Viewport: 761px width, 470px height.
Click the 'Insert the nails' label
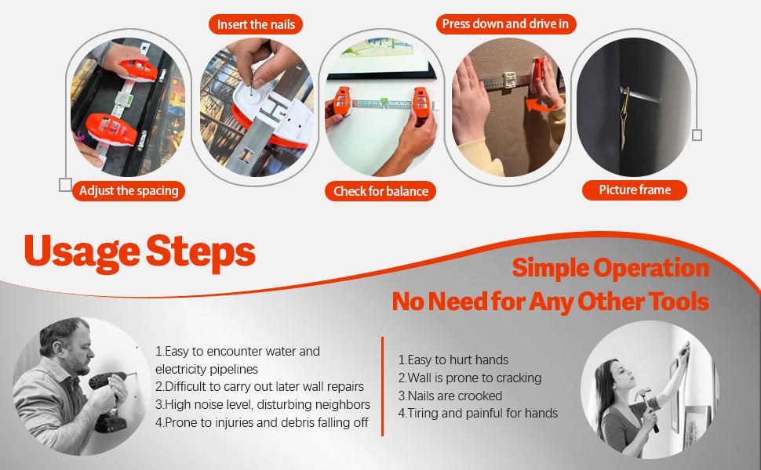pyautogui.click(x=256, y=24)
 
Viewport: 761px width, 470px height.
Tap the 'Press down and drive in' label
pyautogui.click(x=506, y=23)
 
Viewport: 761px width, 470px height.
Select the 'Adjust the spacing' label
pyautogui.click(x=129, y=191)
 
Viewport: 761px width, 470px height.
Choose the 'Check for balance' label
pyautogui.click(x=380, y=191)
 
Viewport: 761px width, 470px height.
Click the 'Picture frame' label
pyautogui.click(x=635, y=190)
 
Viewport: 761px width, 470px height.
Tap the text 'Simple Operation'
pyautogui.click(x=610, y=268)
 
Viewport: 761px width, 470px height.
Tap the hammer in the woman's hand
pyautogui.click(x=648, y=407)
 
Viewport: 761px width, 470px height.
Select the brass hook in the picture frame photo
pyautogui.click(x=624, y=116)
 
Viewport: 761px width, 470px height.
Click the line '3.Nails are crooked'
pyautogui.click(x=450, y=396)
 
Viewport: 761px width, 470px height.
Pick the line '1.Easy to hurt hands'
pyautogui.click(x=453, y=360)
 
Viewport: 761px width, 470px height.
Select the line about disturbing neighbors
pyautogui.click(x=263, y=404)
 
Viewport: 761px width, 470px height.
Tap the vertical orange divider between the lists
pyautogui.click(x=382, y=386)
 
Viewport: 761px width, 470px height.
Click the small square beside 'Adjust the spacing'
pyautogui.click(x=66, y=185)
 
